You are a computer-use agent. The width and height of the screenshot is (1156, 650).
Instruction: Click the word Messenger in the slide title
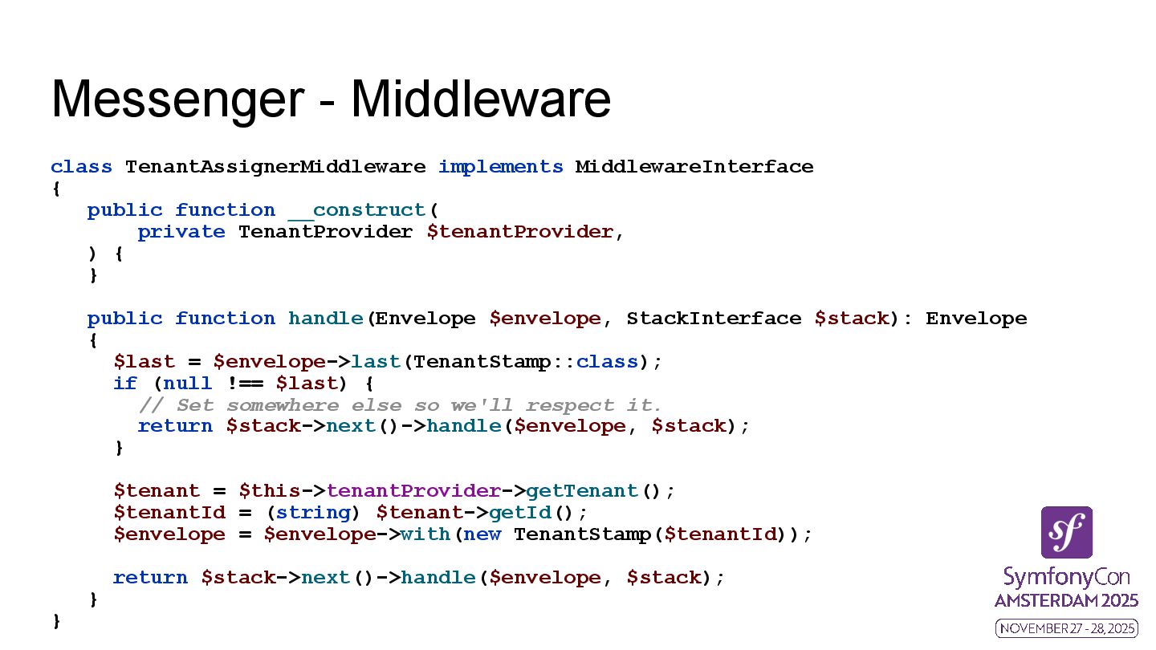tap(177, 100)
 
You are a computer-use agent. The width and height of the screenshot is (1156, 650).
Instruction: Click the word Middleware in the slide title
tap(481, 100)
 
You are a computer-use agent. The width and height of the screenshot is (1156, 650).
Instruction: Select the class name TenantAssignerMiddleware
tap(275, 167)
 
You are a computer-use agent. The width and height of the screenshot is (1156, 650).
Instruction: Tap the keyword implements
tap(500, 167)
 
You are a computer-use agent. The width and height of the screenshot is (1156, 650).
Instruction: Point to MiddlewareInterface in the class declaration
tap(694, 167)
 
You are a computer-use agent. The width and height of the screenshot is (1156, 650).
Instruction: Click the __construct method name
tap(357, 210)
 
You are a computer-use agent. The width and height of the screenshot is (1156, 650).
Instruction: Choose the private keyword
tap(181, 232)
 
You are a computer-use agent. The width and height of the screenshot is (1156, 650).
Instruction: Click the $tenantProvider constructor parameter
tap(519, 232)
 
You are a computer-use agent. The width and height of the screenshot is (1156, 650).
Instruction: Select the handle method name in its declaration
tap(325, 319)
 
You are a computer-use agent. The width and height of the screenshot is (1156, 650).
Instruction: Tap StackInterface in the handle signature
tap(714, 319)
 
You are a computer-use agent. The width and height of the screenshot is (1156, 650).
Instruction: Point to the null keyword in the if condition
tap(188, 384)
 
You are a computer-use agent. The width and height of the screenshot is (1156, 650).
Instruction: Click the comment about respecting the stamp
tap(400, 405)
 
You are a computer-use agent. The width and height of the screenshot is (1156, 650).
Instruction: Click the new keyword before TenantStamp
tap(482, 534)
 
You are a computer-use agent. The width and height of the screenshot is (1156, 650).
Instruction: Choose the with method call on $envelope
tap(425, 534)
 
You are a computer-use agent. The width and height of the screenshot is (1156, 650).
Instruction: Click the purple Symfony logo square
tap(1066, 532)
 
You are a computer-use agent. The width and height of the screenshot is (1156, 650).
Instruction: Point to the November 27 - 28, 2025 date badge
tap(1066, 628)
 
